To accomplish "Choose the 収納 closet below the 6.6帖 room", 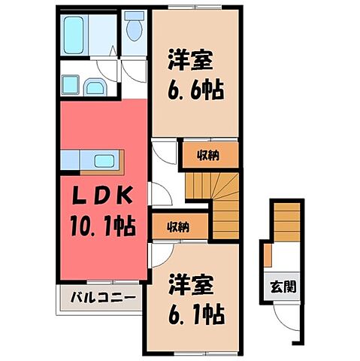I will click(209, 155).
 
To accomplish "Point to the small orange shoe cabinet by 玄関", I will click(267, 256).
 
